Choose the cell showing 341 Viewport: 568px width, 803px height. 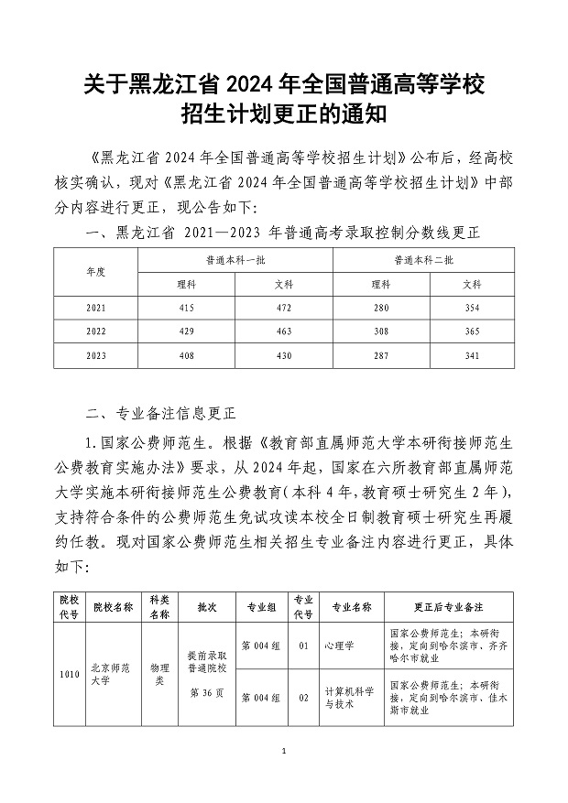point(472,354)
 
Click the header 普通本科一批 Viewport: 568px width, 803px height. point(235,261)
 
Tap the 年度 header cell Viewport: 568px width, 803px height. point(95,272)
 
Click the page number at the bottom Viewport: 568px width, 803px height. point(284,752)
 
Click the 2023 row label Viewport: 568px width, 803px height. point(95,354)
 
